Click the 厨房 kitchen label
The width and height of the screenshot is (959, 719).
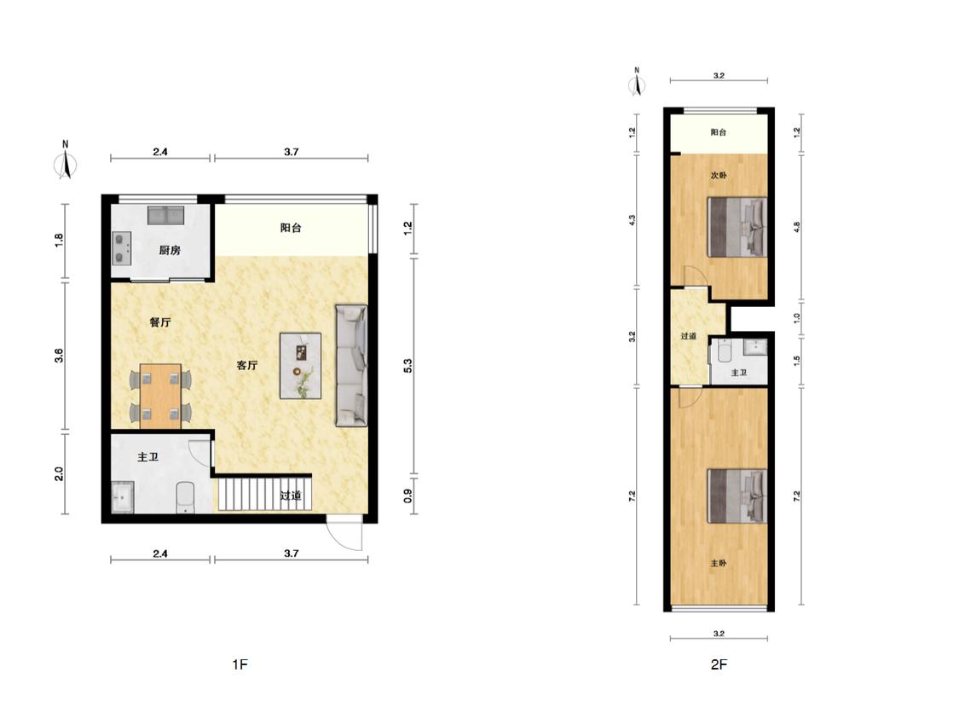coord(170,250)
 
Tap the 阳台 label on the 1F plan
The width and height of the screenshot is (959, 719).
coord(291,228)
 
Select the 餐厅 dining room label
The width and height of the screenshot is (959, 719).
coord(160,322)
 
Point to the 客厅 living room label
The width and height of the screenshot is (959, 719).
coord(247,365)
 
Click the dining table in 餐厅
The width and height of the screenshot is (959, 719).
coord(160,396)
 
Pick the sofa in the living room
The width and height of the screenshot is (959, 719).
coord(352,365)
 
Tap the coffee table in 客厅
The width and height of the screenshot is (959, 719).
coord(300,366)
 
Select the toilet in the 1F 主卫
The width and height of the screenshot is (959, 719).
coord(185,497)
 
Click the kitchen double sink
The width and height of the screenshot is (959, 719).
coord(165,216)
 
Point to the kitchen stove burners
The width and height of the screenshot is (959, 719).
coord(122,248)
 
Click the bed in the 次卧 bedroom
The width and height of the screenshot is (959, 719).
coord(737,227)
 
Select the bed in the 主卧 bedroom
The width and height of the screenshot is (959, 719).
coord(737,496)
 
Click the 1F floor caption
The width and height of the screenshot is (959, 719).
coord(240,664)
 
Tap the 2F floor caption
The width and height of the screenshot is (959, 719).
coord(719,664)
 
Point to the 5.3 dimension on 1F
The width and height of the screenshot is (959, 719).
coord(408,365)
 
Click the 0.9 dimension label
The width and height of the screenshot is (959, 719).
coord(408,495)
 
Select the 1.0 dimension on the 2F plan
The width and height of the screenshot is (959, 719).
coord(796,318)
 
